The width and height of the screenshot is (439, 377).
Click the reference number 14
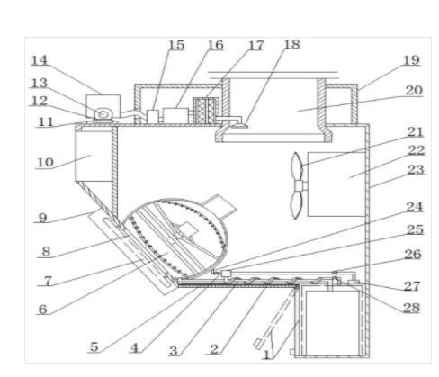(40, 60)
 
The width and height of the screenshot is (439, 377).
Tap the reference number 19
(411, 60)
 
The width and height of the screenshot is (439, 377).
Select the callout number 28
(411, 308)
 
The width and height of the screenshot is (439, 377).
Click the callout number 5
(94, 346)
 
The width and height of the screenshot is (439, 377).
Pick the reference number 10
(45, 163)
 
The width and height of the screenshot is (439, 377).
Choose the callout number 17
(256, 46)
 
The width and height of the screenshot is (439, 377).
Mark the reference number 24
(415, 207)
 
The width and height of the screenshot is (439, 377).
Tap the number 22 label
(417, 150)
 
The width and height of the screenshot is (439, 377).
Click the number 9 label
(42, 218)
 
